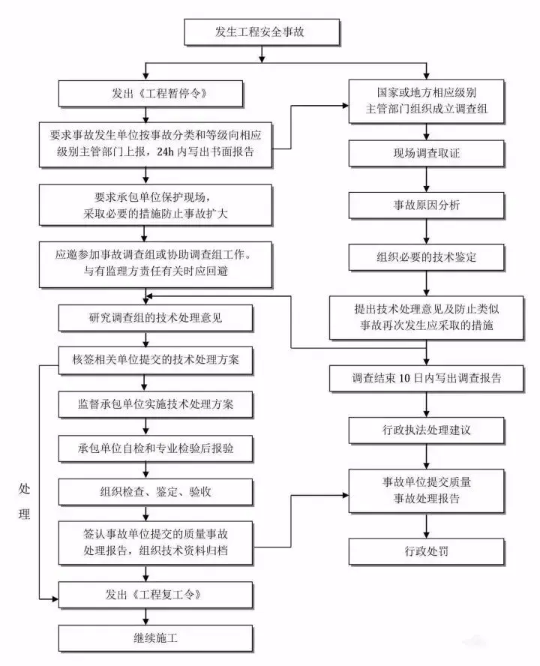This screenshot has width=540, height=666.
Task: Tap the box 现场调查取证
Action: coord(426,153)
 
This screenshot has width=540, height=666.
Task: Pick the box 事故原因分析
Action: coord(426,205)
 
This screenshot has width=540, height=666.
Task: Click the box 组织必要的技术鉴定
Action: coord(426,256)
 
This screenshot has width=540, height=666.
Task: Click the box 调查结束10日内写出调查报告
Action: coord(426,379)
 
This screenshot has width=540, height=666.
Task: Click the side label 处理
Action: coord(25,501)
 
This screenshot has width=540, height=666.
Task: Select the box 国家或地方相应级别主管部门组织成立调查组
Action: coord(426,101)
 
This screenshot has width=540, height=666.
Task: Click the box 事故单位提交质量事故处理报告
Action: coord(426,490)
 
